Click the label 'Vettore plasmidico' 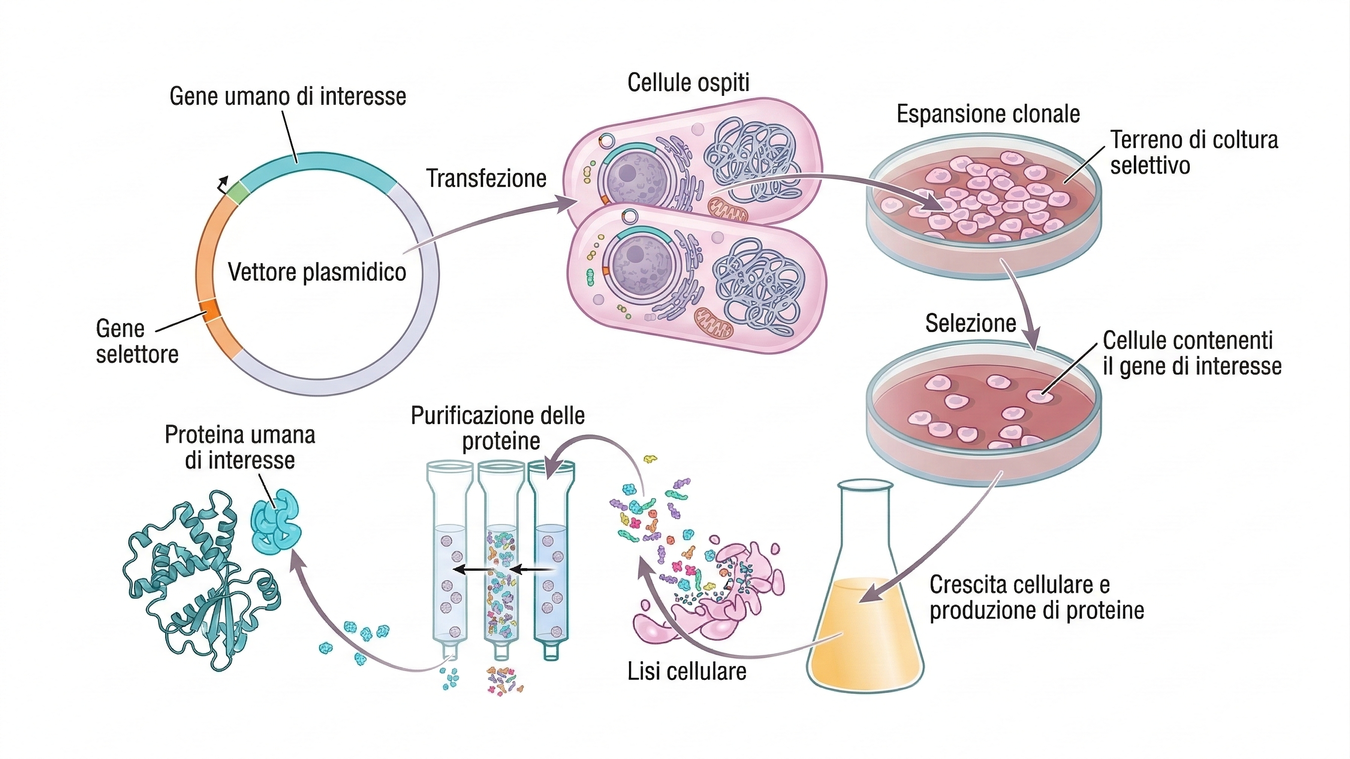[317, 272]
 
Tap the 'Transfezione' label [486, 178]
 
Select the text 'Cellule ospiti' [688, 83]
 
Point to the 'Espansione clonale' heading [988, 114]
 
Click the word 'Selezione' [971, 323]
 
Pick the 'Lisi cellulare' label [686, 672]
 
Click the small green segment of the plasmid [237, 193]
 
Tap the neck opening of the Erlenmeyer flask [865, 487]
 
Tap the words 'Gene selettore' [137, 341]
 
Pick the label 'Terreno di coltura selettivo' [1193, 152]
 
